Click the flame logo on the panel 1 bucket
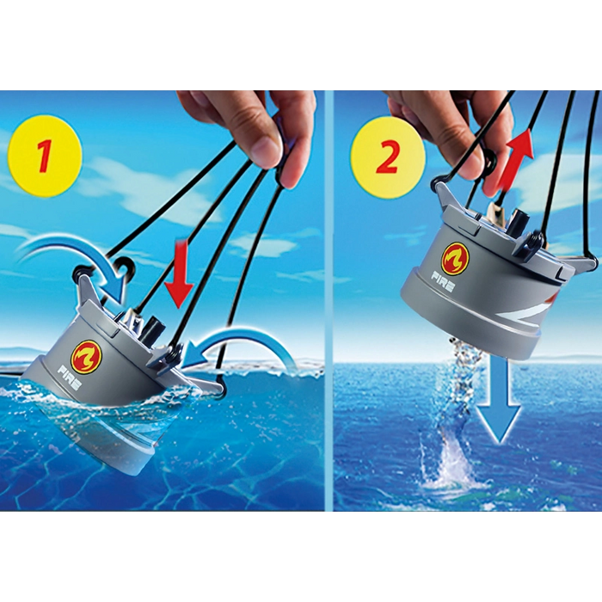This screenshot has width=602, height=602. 83,355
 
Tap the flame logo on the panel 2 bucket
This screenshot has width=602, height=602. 456,259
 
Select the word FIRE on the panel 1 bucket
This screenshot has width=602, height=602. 69,378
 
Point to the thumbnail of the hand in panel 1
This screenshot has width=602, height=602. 265,144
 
